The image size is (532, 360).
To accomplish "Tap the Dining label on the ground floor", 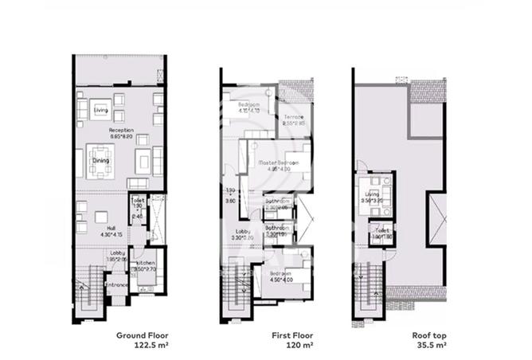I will pos(100,160).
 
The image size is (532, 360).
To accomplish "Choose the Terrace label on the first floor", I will pos(295,118).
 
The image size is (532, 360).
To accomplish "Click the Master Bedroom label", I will pos(279,162).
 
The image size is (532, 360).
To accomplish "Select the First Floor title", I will pos(271,336).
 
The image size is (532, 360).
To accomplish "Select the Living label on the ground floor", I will pos(100,110).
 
